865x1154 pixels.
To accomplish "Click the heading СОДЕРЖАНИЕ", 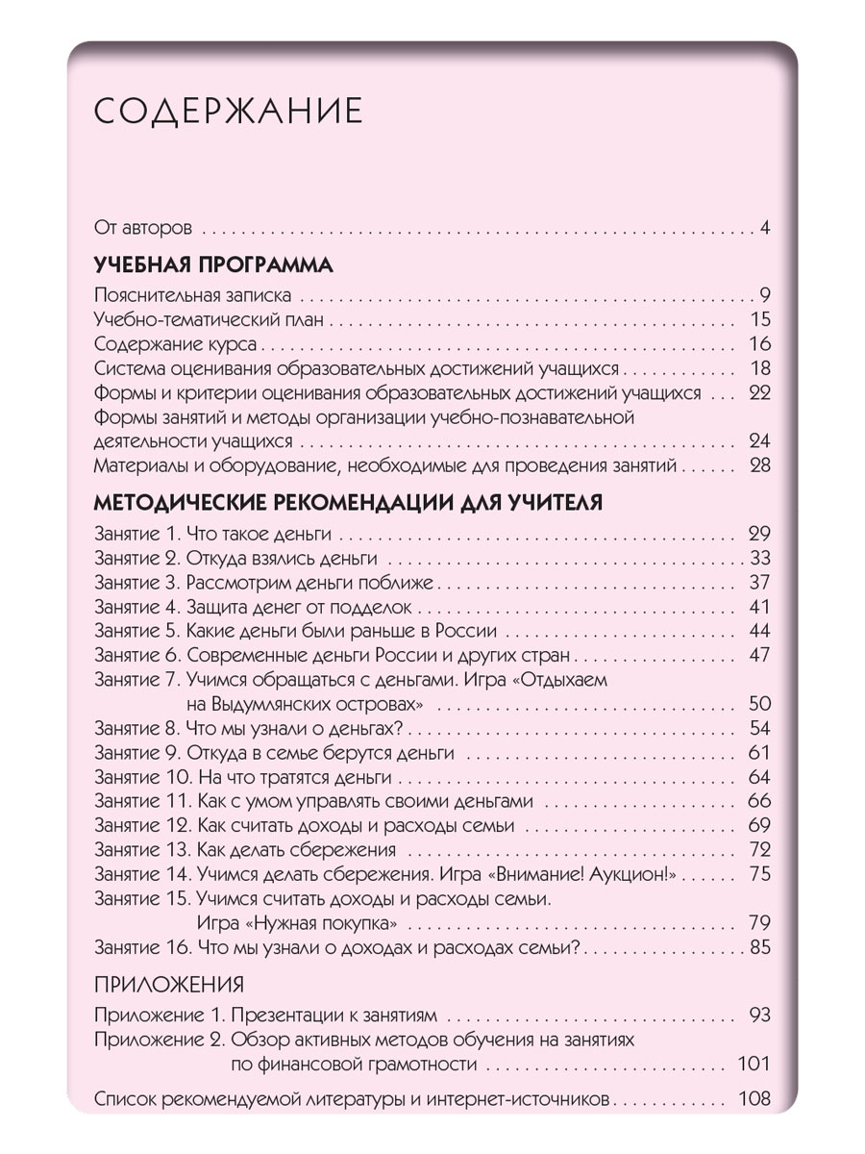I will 229,111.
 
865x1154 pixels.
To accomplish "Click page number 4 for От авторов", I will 764,229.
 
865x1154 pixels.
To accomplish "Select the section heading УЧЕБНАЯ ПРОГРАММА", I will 213,264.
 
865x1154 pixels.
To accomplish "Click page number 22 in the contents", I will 759,392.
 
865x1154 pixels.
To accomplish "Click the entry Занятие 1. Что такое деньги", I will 213,534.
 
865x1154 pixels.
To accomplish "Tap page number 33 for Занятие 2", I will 760,559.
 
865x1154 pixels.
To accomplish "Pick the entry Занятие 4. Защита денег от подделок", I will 254,608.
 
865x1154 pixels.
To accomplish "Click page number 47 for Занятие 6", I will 759,656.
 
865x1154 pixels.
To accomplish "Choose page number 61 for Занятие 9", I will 759,753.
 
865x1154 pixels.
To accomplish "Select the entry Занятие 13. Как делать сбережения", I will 247,850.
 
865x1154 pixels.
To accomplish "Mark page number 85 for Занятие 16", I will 760,948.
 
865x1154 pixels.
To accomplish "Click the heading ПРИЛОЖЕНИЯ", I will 169,984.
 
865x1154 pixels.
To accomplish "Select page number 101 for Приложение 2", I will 754,1064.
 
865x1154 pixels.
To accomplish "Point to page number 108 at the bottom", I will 754,1098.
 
